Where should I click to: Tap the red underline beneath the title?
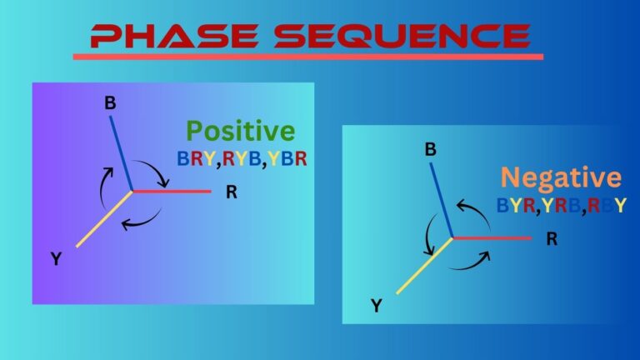coord(307,57)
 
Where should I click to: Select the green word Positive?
coord(240,131)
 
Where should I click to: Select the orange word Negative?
coord(560,177)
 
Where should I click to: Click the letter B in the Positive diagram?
coord(109,103)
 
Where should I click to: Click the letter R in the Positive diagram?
coord(231,192)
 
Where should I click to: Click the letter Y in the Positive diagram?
coord(56,259)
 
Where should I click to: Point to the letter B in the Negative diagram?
coord(431,150)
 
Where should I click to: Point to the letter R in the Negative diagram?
coord(552,239)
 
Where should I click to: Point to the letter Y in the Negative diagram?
coord(377,307)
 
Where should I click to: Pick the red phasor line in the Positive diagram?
coord(171,192)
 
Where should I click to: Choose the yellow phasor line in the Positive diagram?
coord(104,219)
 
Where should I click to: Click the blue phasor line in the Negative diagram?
coord(442,201)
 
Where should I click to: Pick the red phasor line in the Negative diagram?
coord(492,238)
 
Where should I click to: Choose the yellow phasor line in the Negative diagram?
coord(425,266)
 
